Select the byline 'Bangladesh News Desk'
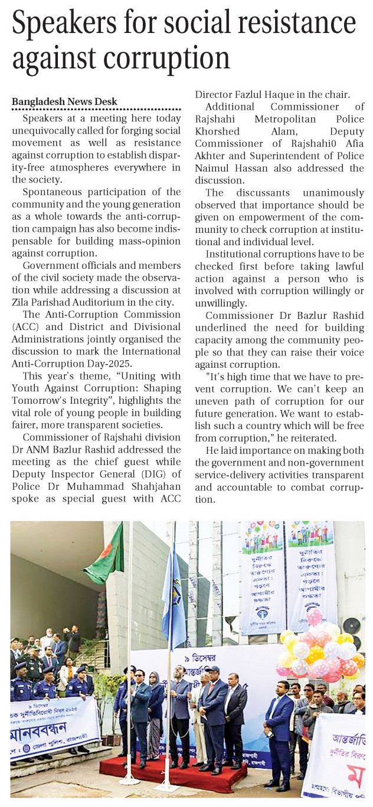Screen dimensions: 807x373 pos(65,101)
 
